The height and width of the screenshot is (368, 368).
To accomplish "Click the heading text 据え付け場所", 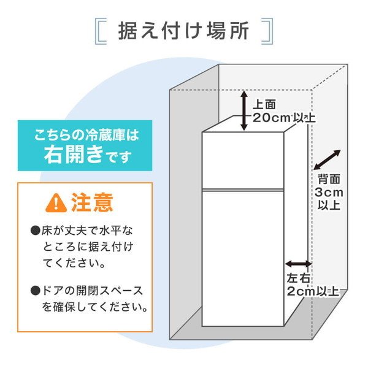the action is click(183, 31).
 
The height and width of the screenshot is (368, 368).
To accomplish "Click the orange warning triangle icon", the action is click(56, 203).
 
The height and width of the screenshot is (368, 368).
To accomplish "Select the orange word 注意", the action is click(92, 202).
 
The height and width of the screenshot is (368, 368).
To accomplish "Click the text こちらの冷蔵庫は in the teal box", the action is click(86, 135).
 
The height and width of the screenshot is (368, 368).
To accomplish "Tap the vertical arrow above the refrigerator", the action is click(245, 110).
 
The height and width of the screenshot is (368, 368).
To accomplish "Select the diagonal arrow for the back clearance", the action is click(327, 160).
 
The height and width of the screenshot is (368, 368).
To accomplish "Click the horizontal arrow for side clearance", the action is click(298, 264).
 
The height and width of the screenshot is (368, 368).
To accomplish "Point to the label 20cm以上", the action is click(284, 117).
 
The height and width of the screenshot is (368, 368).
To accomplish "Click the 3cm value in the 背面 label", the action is click(329, 193).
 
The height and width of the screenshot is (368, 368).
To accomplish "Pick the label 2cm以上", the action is click(313, 291).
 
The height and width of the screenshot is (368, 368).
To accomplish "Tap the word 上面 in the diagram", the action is click(264, 104).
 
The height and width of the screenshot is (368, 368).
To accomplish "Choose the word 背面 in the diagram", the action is click(329, 179).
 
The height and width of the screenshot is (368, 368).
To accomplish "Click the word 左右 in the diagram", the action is click(298, 278).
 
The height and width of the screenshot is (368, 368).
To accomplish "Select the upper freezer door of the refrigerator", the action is click(243, 160).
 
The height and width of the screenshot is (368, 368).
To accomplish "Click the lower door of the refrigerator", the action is click(243, 258).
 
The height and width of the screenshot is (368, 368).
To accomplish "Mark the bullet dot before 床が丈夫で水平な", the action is click(36, 231).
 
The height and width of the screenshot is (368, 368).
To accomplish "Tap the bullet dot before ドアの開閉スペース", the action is click(36, 291).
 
